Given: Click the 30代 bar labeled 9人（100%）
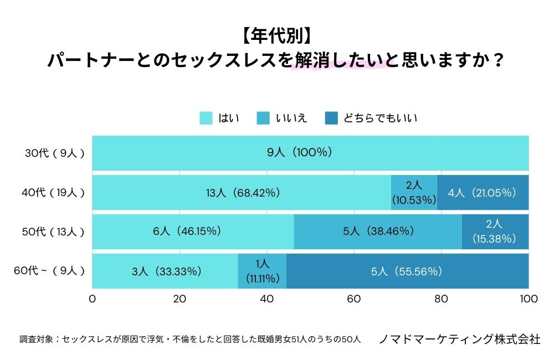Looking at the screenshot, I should (310, 153).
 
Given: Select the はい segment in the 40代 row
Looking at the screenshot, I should (242, 192).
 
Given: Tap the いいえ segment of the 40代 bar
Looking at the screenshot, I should (414, 192).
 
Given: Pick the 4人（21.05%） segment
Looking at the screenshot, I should (483, 192).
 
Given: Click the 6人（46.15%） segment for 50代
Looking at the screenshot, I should (193, 232).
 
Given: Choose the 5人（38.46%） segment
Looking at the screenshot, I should (378, 232).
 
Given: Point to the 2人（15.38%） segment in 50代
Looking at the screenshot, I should (495, 232).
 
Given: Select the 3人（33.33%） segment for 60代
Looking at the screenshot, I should (165, 271).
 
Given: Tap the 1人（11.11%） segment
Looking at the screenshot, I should (262, 271).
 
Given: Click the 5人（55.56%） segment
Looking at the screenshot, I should (407, 271).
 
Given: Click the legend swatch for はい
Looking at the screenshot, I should (206, 118).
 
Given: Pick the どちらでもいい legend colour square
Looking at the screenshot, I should (331, 118).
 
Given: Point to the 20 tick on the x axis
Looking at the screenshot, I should (179, 299).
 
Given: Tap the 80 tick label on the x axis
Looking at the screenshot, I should (441, 299).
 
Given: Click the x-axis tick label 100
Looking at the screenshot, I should (528, 299).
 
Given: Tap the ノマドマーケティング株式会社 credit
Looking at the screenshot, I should (459, 339).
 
